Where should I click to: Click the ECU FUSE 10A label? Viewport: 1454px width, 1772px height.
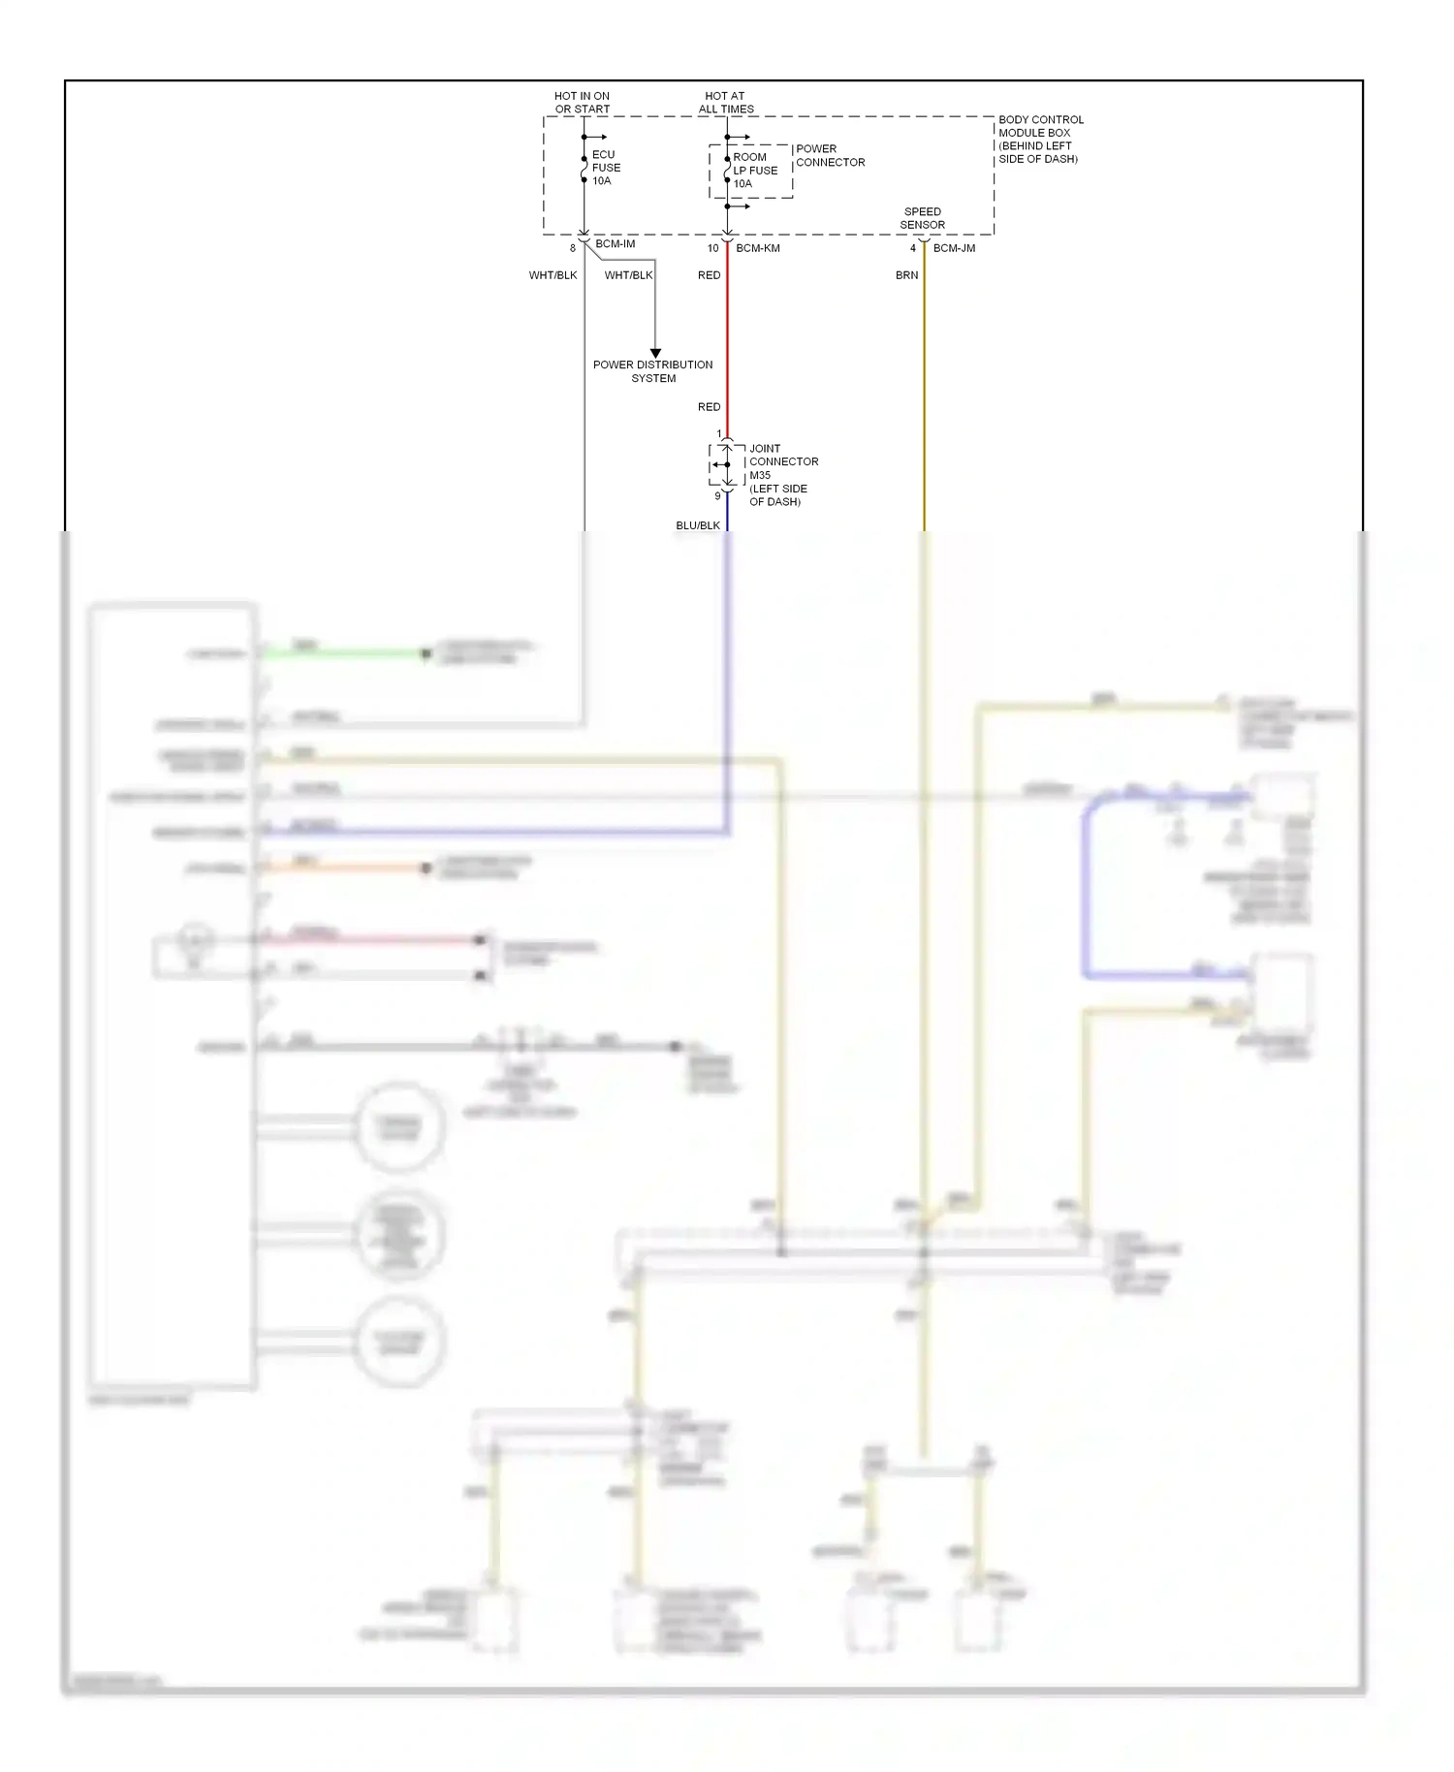[x=606, y=168]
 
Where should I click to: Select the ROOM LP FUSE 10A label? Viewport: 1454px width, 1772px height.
[x=754, y=170]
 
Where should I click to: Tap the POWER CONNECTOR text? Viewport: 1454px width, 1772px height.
[x=830, y=155]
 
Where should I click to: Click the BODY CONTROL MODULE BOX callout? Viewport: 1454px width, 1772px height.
[x=1040, y=139]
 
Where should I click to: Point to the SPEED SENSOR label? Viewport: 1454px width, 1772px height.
[x=922, y=218]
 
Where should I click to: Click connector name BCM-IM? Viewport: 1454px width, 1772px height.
[x=616, y=243]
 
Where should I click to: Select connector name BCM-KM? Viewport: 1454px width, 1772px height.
[x=757, y=248]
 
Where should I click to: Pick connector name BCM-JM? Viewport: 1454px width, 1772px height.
[x=954, y=248]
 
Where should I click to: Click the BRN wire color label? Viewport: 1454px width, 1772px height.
[x=906, y=275]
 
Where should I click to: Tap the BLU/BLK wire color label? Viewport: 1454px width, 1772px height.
[x=697, y=525]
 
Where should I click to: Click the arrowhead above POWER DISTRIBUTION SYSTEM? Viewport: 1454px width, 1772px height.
[x=655, y=353]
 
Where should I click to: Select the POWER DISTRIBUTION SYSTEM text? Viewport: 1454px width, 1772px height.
[x=652, y=371]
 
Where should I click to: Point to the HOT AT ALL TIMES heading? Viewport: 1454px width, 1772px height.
[x=725, y=102]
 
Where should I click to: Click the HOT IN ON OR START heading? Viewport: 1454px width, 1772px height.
[x=582, y=102]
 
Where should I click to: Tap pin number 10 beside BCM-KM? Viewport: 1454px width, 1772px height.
[x=712, y=248]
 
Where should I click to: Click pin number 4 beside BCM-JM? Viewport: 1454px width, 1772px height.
[x=912, y=248]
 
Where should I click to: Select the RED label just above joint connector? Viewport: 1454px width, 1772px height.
[x=709, y=407]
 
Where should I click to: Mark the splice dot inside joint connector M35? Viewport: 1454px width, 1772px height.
[x=727, y=464]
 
